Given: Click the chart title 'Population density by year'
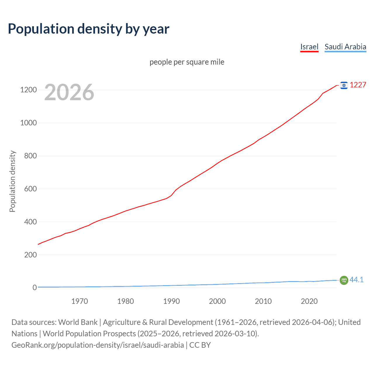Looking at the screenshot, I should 89,29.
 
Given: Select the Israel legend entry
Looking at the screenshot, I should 309,47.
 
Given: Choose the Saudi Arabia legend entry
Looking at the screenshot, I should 345,47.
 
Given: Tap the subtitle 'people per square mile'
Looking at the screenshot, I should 187,62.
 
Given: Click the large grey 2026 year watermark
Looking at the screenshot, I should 69,92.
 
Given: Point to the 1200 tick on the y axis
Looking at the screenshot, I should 28,90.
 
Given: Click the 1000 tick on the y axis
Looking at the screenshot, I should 28,123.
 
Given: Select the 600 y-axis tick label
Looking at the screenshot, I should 30,189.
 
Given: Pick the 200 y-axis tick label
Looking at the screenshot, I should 30,255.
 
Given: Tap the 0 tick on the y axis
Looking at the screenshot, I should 34,288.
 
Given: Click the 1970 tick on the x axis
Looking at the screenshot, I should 79,301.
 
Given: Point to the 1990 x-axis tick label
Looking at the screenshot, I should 171,301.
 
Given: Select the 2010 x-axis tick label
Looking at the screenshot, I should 263,301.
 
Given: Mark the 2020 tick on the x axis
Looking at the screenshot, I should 309,301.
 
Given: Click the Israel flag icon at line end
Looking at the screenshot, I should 344,85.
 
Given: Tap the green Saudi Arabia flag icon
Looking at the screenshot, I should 344,280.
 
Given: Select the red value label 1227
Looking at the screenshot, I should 358,85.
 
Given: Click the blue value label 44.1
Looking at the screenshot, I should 356,280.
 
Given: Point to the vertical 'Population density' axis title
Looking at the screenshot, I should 12,181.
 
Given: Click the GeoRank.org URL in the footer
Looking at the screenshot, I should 98,345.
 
